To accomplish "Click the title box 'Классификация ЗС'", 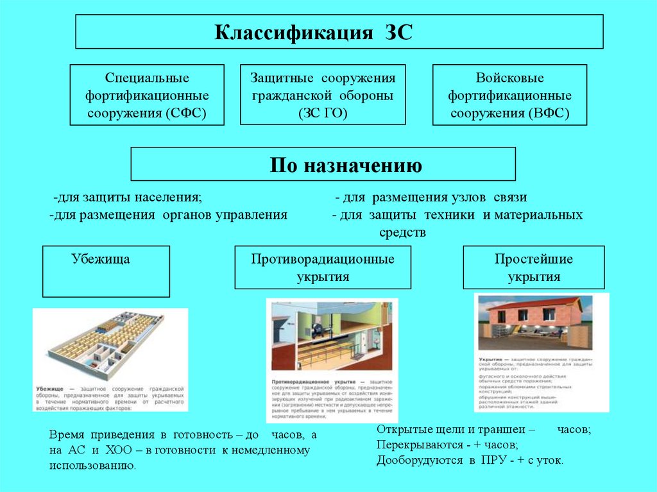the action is (339, 32).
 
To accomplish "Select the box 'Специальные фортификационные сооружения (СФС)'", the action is (147, 95).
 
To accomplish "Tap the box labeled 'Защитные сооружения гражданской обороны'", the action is (323, 95).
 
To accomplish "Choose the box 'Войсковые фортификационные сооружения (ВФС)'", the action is (509, 95).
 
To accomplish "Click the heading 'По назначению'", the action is (323, 164).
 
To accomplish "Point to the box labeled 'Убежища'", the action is (106, 271).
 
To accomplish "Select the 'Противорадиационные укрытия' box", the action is (323, 267).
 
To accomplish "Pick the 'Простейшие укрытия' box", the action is (533, 267).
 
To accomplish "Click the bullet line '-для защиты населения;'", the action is (128, 197).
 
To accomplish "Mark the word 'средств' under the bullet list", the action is (403, 232).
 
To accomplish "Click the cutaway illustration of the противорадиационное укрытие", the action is (332, 337).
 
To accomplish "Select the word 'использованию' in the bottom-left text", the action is (92, 465).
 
